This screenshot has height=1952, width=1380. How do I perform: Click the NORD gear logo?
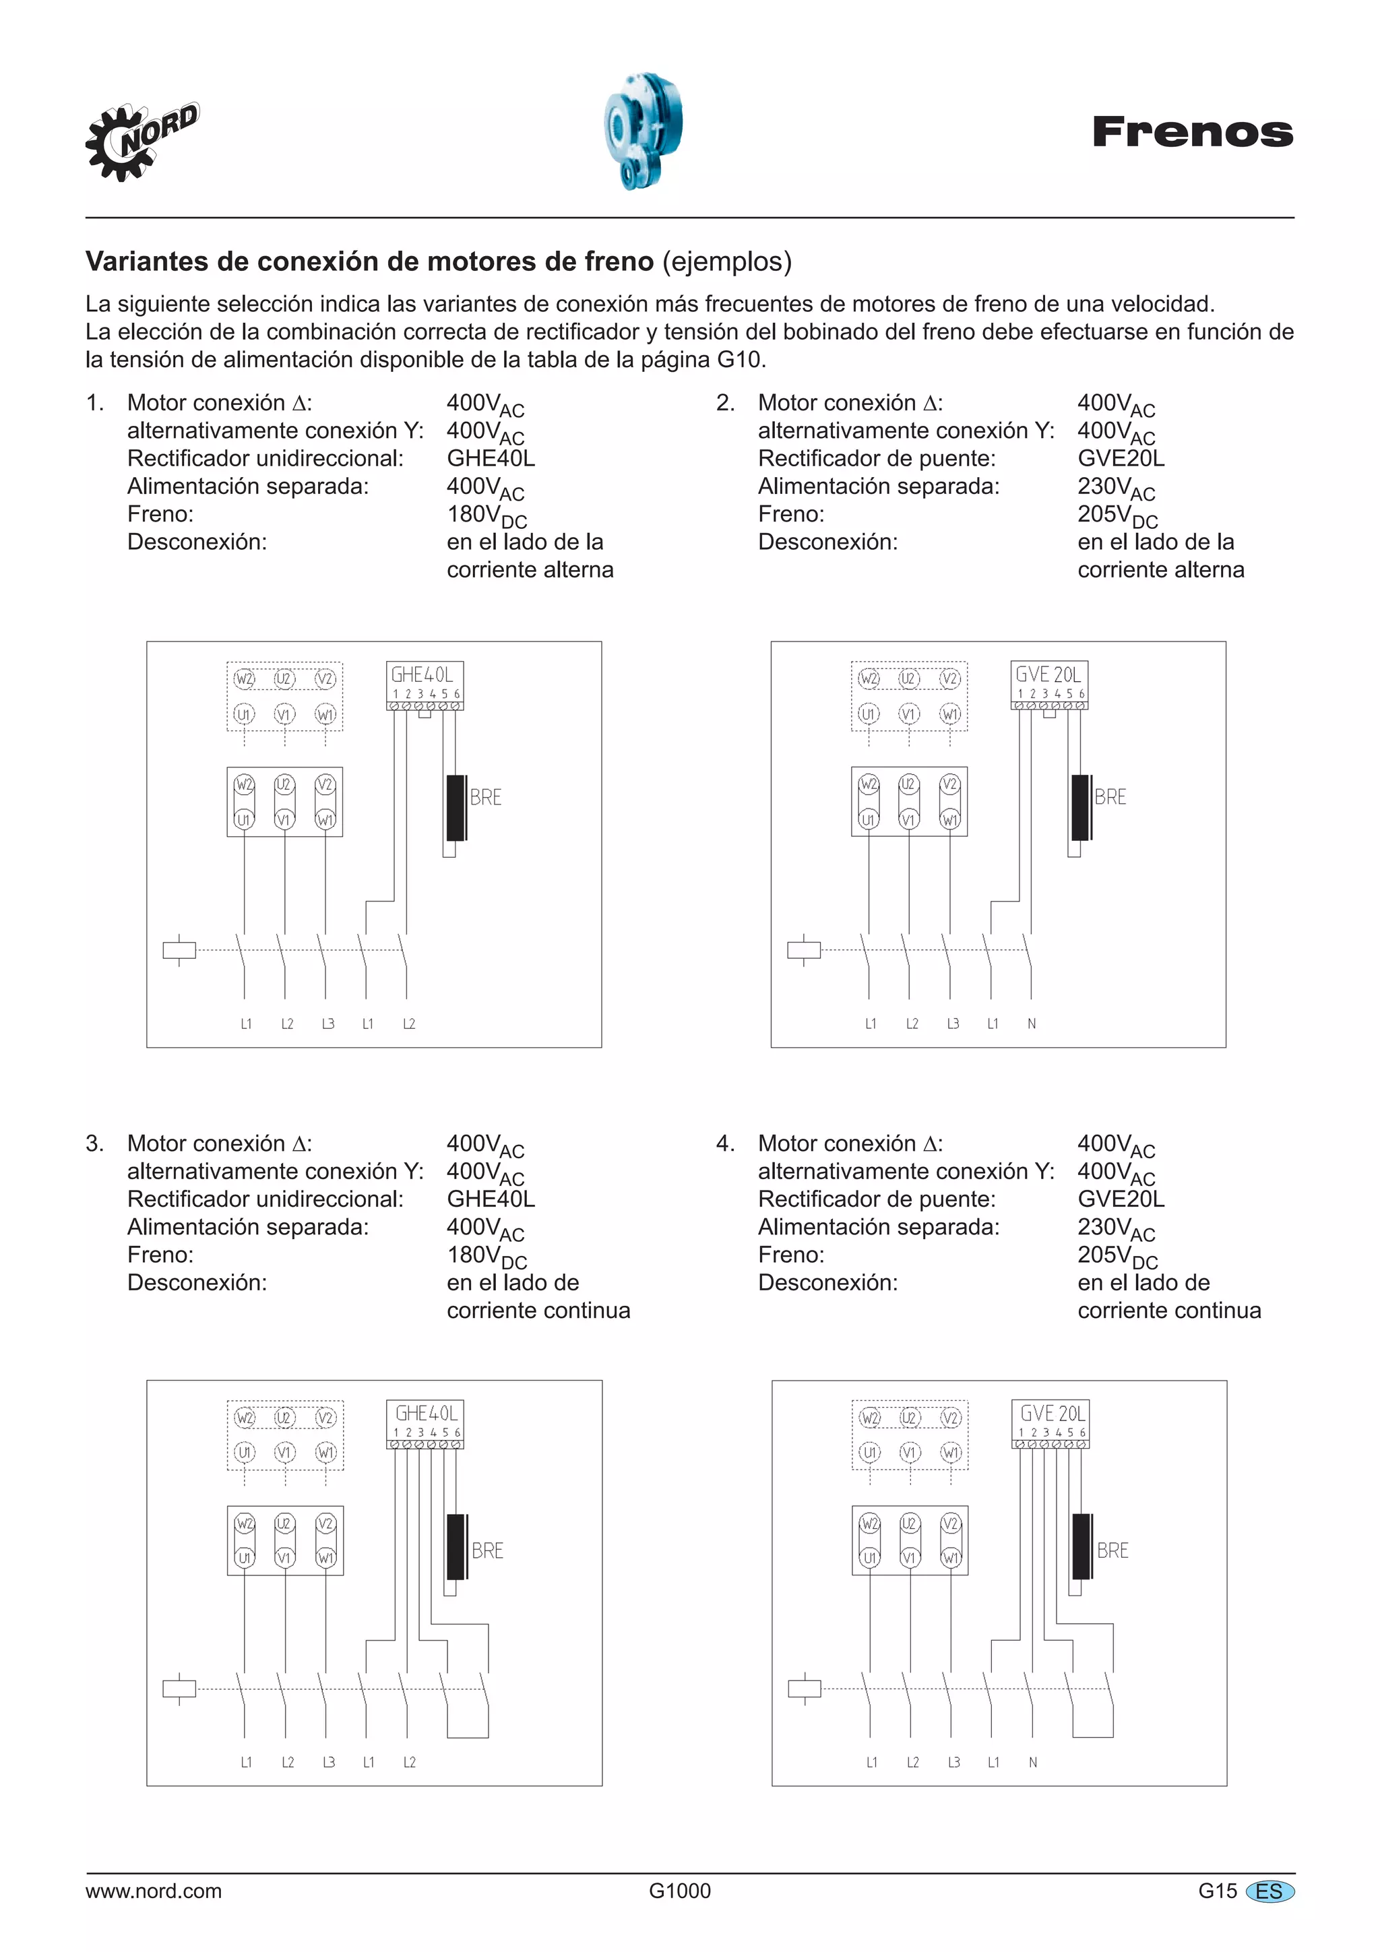pyautogui.click(x=140, y=142)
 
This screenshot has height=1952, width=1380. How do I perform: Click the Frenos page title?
pyautogui.click(x=1192, y=133)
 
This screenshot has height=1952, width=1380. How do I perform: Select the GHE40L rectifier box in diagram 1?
pyautogui.click(x=425, y=685)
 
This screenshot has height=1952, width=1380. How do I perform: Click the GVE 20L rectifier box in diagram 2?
pyautogui.click(x=1048, y=685)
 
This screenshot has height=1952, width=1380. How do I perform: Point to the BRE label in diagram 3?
pyautogui.click(x=487, y=1550)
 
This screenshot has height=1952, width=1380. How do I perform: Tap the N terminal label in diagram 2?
pyautogui.click(x=1032, y=1024)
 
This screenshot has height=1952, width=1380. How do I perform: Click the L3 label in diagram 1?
pyautogui.click(x=327, y=1024)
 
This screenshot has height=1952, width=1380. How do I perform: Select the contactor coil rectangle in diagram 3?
pyautogui.click(x=179, y=1689)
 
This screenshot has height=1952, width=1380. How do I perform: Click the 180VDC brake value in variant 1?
pyautogui.click(x=487, y=515)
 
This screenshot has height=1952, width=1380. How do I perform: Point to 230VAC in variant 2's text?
pyautogui.click(x=1116, y=488)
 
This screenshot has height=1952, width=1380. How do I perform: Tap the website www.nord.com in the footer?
pyautogui.click(x=153, y=1891)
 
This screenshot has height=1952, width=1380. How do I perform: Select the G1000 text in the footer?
pyautogui.click(x=679, y=1891)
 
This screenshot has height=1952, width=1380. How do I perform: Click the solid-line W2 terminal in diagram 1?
pyautogui.click(x=244, y=784)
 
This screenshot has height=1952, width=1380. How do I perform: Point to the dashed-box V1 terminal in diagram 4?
pyautogui.click(x=910, y=1453)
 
